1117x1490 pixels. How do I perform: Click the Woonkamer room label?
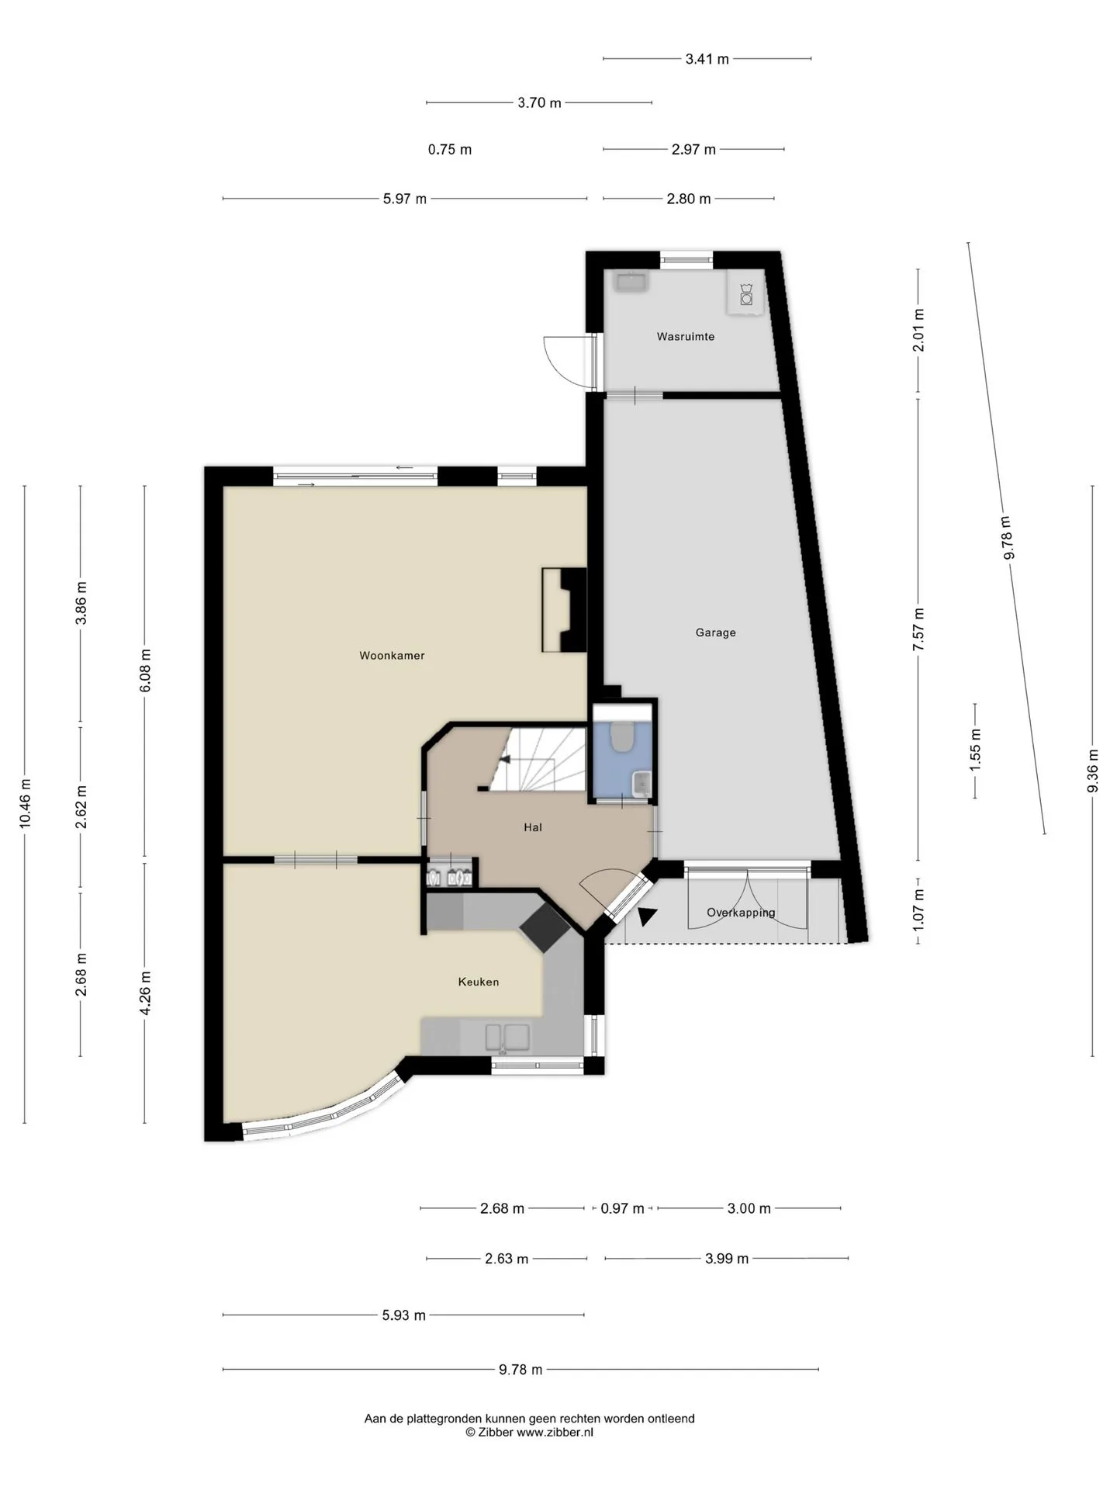tap(392, 656)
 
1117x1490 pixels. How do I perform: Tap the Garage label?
tap(715, 632)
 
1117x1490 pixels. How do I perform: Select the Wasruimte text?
tap(686, 337)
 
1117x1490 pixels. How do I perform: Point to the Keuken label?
tap(479, 982)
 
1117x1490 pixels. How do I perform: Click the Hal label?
tap(533, 827)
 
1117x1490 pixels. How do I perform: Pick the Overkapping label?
tap(741, 913)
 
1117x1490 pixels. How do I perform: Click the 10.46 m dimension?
tap(26, 803)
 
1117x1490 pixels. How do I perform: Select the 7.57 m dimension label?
tap(919, 629)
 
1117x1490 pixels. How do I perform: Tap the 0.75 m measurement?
tap(450, 149)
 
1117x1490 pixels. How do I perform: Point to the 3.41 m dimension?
tap(707, 58)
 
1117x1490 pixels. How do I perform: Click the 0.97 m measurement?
tap(623, 1208)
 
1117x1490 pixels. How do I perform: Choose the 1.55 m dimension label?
tap(976, 750)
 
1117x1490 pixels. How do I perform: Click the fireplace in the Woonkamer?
tap(564, 610)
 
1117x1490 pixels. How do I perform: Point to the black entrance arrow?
tap(645, 917)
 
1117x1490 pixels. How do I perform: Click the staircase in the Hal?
tap(535, 759)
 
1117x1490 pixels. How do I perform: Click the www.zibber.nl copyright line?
tap(530, 1433)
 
